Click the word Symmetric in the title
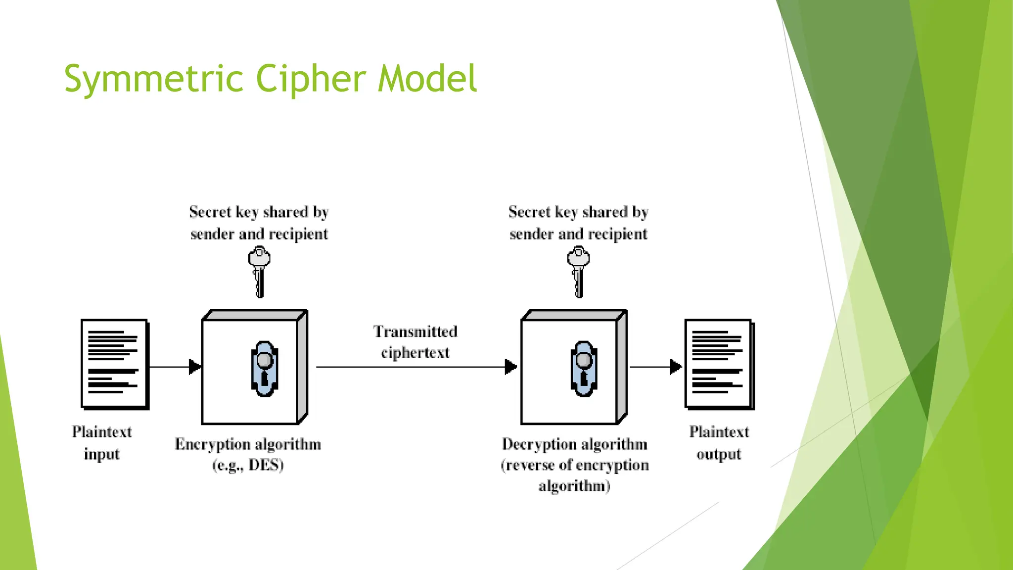[153, 79]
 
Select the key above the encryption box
[259, 272]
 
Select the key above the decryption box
[578, 272]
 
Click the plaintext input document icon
[114, 364]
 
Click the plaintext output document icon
[719, 364]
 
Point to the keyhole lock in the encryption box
[265, 369]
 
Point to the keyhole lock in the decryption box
[584, 369]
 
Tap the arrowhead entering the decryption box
[511, 367]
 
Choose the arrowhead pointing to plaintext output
[676, 367]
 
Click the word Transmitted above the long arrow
[415, 332]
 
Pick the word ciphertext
[415, 353]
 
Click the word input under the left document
[101, 454]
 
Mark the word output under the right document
[719, 454]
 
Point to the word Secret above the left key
[210, 212]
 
